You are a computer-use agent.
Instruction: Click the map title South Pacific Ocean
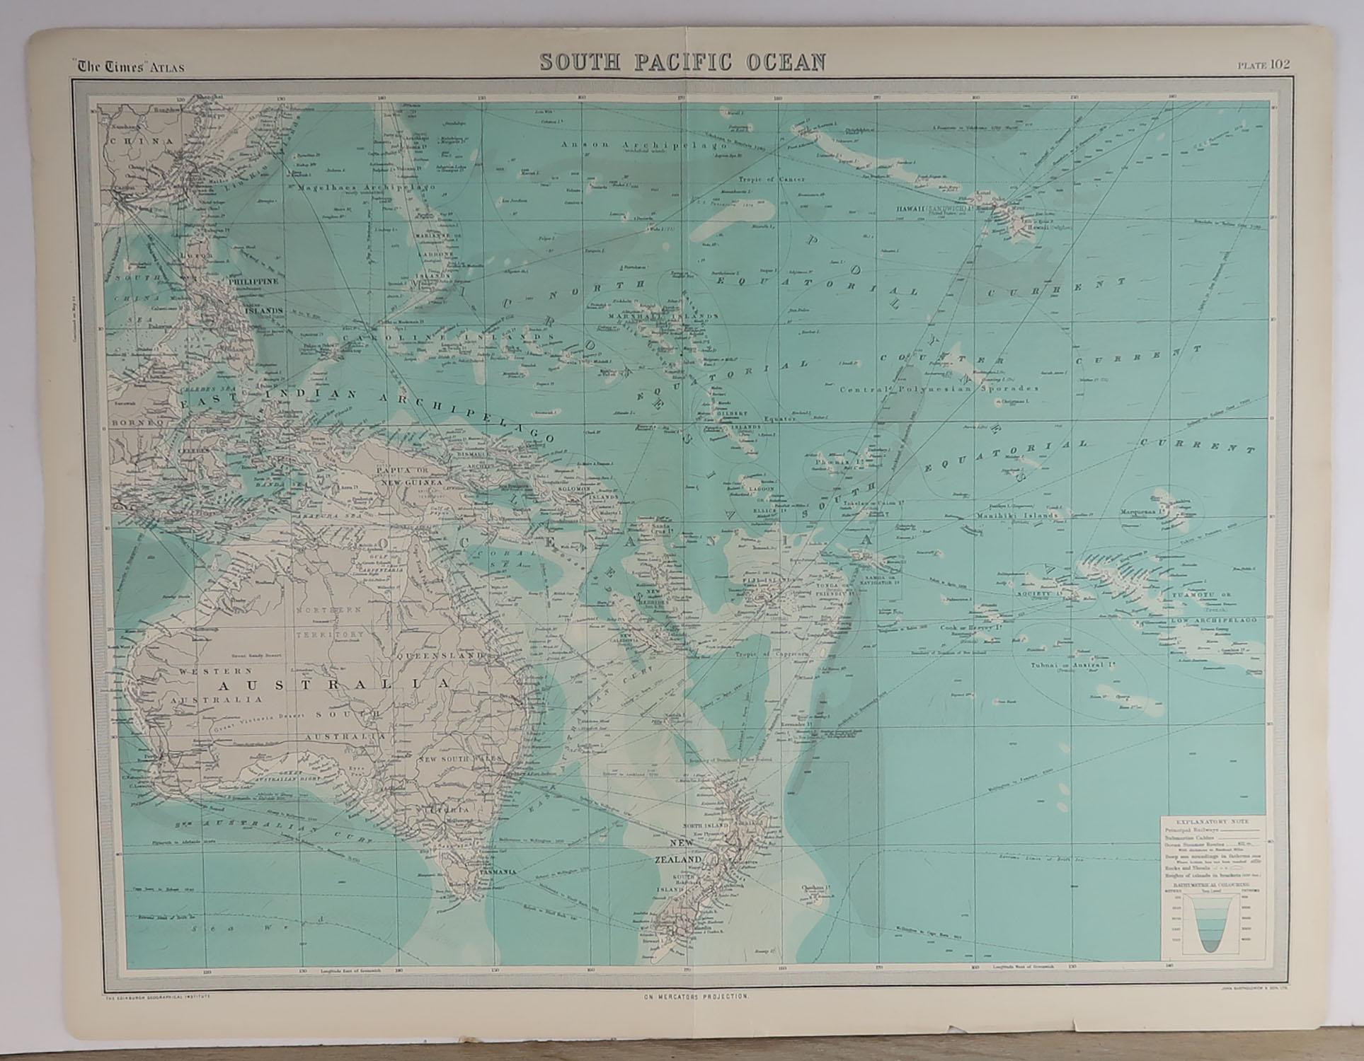[x=682, y=62]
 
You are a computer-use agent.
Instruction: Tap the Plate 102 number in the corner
[x=1263, y=64]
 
